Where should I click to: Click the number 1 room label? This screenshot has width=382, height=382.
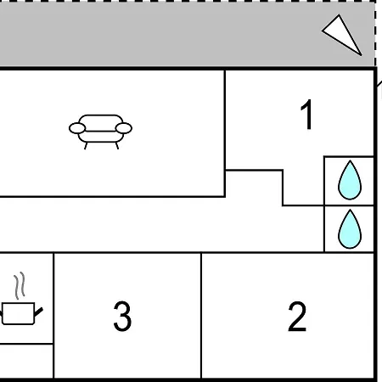306,115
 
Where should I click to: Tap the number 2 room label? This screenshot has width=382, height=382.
297,317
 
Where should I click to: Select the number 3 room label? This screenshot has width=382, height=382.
122,317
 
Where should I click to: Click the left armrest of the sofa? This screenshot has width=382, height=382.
77,128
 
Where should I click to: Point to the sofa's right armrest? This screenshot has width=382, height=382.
124,128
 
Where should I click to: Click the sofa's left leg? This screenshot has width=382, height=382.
86,146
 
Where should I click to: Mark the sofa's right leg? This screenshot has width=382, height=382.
117,146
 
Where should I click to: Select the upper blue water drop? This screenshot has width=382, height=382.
350,181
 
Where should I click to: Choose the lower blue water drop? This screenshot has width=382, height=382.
350,230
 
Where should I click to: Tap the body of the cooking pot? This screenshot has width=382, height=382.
18,313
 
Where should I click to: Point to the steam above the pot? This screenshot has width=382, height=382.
20,285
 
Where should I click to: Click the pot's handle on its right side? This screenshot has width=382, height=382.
38,312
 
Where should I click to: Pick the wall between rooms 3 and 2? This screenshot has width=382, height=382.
201,315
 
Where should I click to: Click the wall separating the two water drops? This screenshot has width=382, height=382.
349,205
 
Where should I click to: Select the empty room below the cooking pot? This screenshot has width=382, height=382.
26,361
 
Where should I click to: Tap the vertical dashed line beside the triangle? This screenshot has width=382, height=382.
375,33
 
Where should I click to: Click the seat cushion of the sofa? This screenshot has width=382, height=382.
101,137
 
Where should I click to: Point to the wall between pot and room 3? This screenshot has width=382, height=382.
53,315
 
